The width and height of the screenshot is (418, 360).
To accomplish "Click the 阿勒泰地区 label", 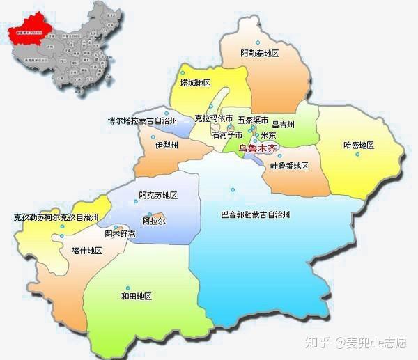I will pyautogui.click(x=259, y=54).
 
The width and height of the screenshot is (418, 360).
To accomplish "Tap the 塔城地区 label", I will pyautogui.click(x=195, y=84).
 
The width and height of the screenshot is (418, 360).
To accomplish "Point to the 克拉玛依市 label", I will pyautogui.click(x=213, y=120).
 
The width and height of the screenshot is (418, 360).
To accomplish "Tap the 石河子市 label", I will pyautogui.click(x=227, y=134).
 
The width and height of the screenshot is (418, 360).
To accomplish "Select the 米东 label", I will pyautogui.click(x=268, y=135).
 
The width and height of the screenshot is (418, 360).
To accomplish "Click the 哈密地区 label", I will pyautogui.click(x=359, y=146).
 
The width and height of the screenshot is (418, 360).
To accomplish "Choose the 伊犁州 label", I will pyautogui.click(x=167, y=146).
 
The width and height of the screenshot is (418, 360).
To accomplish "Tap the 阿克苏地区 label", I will pyautogui.click(x=158, y=196).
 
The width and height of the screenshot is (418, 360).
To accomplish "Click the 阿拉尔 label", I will pyautogui.click(x=153, y=221).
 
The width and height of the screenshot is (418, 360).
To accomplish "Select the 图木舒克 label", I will pyautogui.click(x=120, y=235).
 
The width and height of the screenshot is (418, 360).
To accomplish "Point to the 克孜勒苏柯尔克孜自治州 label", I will pyautogui.click(x=56, y=218).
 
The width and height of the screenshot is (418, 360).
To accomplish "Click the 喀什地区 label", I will pyautogui.click(x=87, y=251).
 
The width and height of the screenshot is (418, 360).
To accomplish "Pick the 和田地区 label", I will pyautogui.click(x=136, y=297).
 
